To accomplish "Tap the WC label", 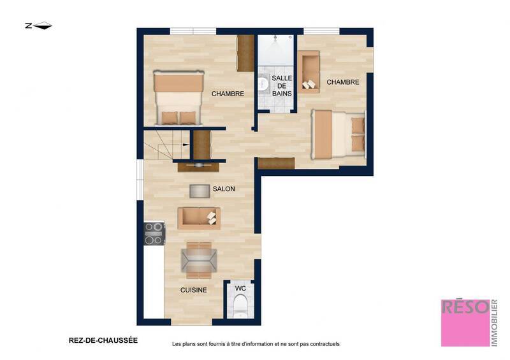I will click(x=240, y=288).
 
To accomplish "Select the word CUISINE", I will click(x=193, y=290).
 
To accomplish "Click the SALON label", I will click(x=224, y=189).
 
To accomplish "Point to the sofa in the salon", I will click(x=199, y=218).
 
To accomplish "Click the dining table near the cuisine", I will click(x=199, y=260).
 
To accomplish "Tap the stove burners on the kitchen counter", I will click(x=154, y=233).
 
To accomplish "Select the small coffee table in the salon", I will click(x=200, y=191).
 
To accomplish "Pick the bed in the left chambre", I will click(x=178, y=97).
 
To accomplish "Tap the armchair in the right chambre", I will click(x=310, y=73).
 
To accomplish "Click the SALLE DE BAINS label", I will click(x=282, y=85).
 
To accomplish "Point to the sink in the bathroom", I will click(x=263, y=83).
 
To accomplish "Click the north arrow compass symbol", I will click(x=38, y=26).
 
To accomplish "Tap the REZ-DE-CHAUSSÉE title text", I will click(x=103, y=340).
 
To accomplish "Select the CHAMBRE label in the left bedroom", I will click(x=228, y=94).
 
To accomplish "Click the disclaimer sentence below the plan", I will click(x=256, y=344).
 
